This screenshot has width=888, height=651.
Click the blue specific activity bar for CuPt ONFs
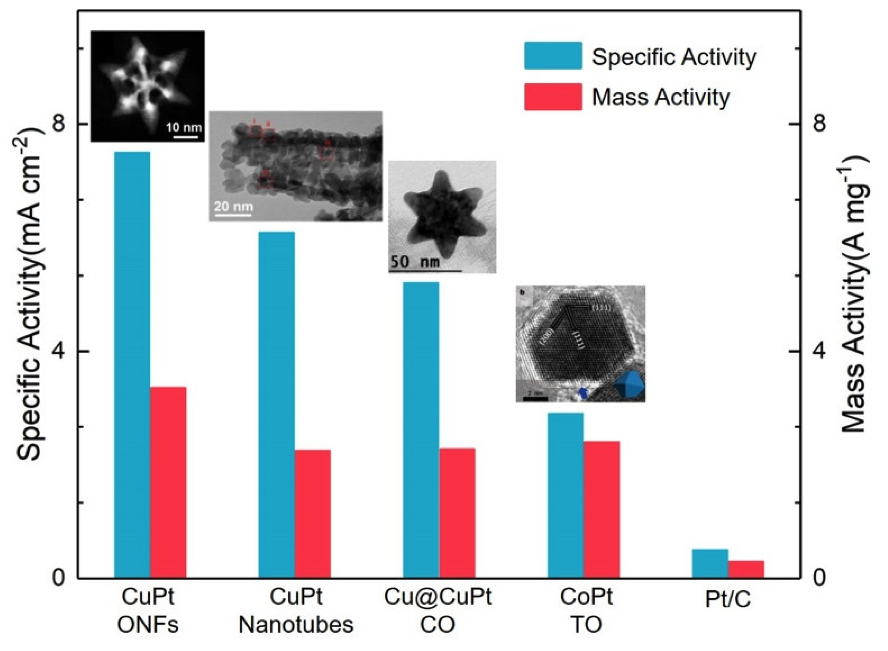tap(132, 364)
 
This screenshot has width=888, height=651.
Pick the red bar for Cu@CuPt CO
tap(457, 513)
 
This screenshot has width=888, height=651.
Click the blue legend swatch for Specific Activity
tap(553, 56)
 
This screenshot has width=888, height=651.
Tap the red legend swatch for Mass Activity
tap(553, 97)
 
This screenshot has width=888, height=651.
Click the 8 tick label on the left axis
tap(60, 124)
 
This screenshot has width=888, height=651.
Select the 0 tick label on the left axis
tap(60, 579)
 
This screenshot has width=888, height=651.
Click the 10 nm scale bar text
tap(184, 127)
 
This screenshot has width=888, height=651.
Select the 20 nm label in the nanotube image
tap(233, 206)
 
